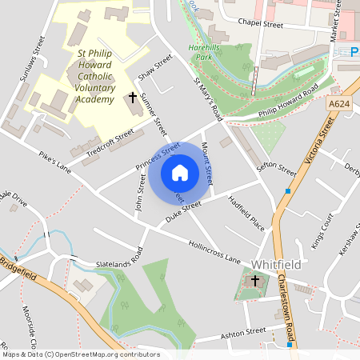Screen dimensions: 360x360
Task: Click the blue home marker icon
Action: point(180,172)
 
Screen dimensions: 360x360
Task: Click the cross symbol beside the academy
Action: point(133,98)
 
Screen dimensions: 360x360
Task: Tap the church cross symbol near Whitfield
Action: point(255,281)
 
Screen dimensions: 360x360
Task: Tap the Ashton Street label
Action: point(243,330)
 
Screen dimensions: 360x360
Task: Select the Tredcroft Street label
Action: point(111,141)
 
